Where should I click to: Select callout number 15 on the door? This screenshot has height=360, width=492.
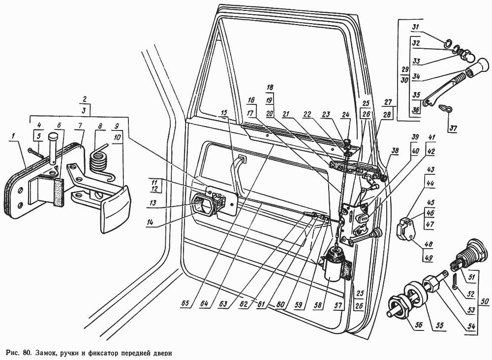(x=224, y=114)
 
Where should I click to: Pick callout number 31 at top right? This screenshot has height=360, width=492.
(x=416, y=27)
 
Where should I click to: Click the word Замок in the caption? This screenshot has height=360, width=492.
(x=53, y=353)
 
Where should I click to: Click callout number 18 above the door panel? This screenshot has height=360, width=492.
(x=269, y=87)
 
